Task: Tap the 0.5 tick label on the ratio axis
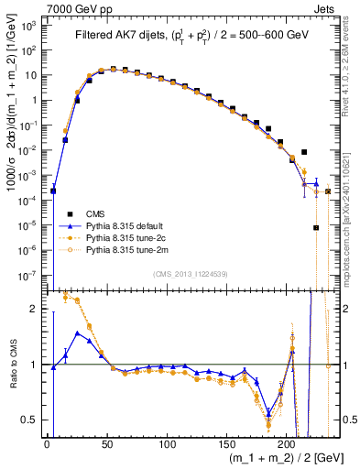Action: [32, 420]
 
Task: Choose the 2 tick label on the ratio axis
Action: [36, 309]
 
